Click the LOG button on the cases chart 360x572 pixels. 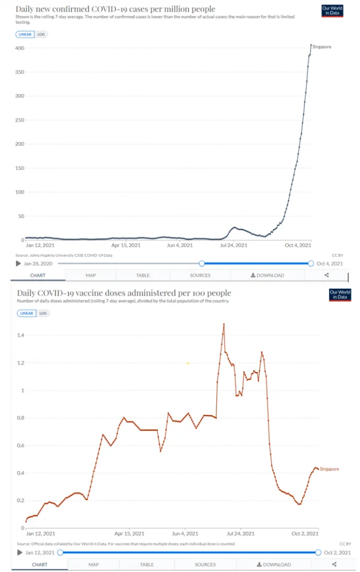41,34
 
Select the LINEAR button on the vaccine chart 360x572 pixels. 26,313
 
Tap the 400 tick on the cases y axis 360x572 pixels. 19,48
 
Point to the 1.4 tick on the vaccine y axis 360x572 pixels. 21,335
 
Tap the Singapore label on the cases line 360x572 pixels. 322,47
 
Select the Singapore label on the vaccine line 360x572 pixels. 329,469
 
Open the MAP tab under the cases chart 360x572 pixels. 90,275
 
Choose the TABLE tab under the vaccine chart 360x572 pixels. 147,565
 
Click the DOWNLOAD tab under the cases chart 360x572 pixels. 267,275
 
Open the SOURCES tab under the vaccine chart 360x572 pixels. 205,565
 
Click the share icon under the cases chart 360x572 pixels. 327,275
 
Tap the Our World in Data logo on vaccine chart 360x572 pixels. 340,295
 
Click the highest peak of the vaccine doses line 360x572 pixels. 224,324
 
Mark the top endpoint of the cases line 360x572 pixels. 311,45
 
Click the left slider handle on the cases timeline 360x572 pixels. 201,263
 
